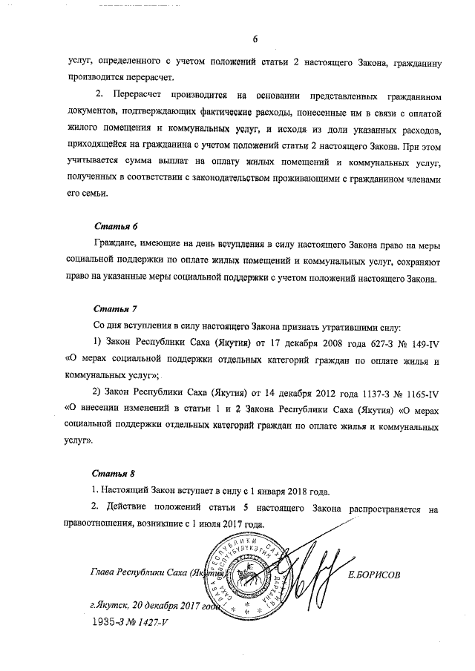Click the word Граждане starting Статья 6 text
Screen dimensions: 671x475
(117, 244)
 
